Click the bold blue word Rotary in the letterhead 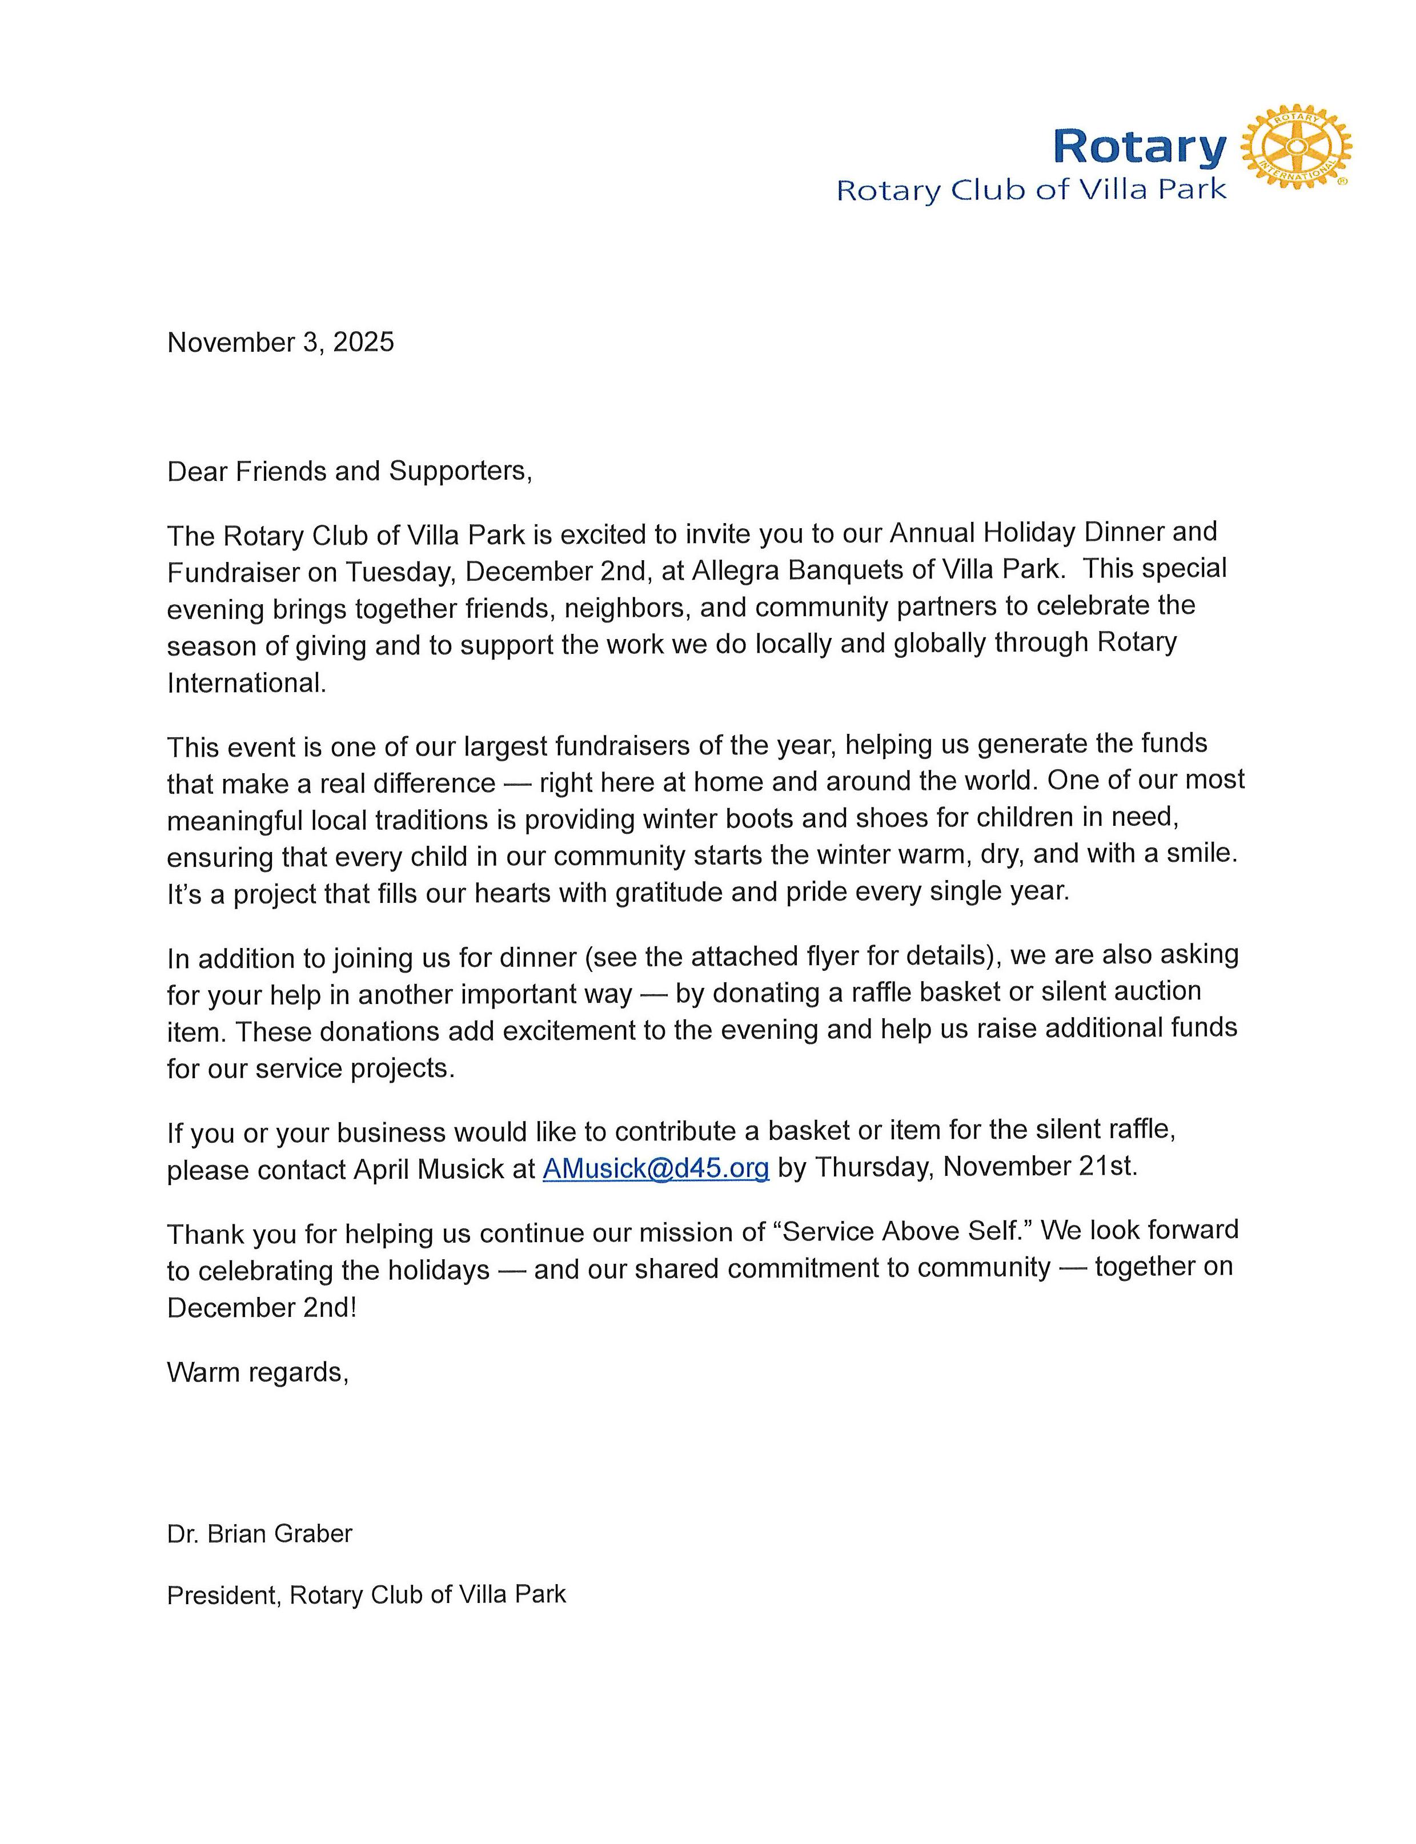(1140, 147)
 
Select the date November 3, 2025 (280, 342)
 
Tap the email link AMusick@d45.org (656, 1168)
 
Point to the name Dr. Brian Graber (259, 1534)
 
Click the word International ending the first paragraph (245, 682)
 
